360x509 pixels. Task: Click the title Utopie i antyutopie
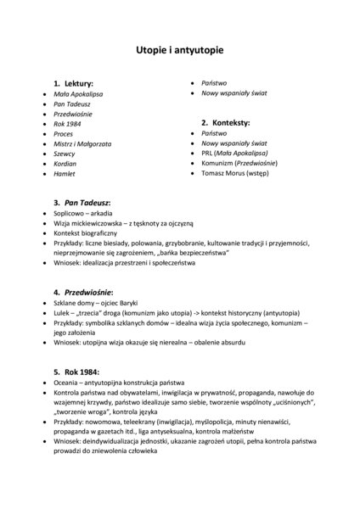[x=180, y=51]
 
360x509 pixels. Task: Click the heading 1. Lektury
[x=73, y=85]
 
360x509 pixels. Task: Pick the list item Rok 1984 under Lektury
[x=66, y=124]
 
